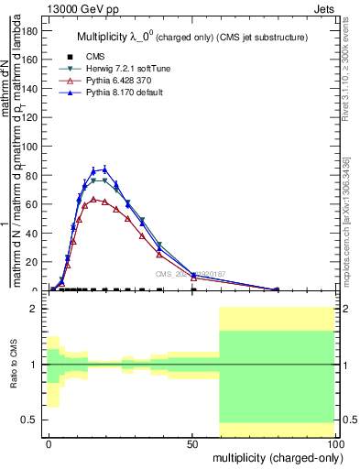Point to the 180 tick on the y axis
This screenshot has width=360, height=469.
point(29,30)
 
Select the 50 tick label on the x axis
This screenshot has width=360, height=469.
point(192,442)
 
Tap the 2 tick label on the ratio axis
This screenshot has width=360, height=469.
point(36,310)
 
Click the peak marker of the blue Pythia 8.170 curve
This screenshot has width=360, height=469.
point(104,169)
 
